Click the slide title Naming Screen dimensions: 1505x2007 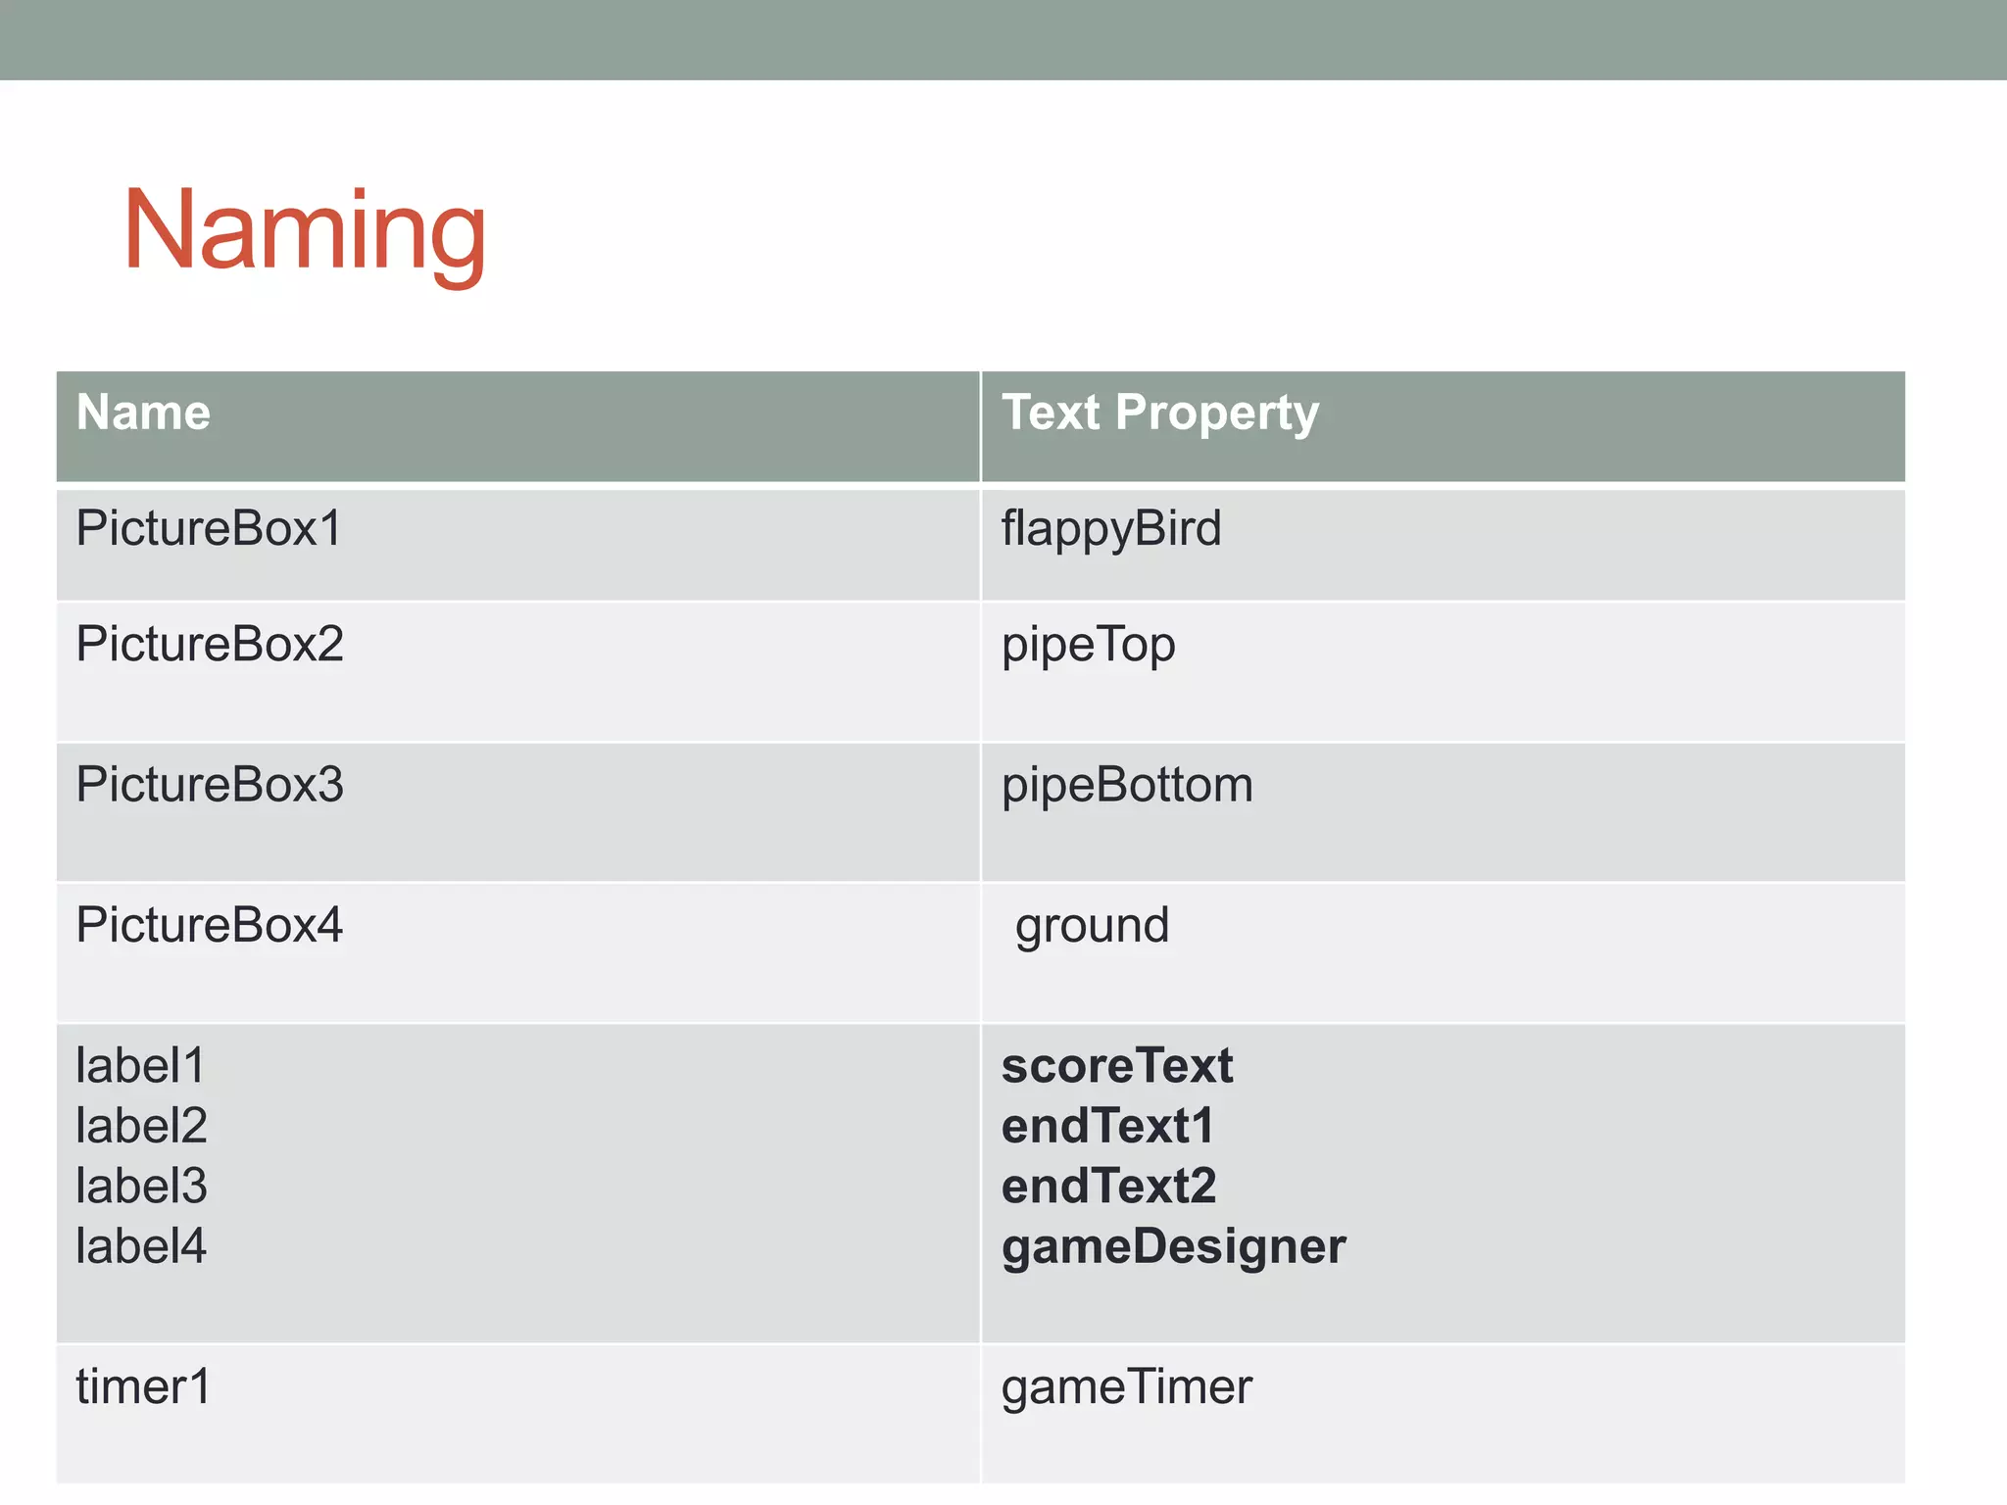click(x=304, y=231)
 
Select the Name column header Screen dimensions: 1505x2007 click(x=143, y=413)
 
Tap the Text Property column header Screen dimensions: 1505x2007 click(x=1159, y=413)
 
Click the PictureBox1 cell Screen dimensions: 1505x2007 click(x=209, y=529)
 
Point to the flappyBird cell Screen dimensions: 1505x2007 click(x=1110, y=530)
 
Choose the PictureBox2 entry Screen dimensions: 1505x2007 click(x=210, y=645)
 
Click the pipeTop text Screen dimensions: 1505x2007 click(x=1088, y=646)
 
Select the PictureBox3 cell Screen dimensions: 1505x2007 click(x=210, y=785)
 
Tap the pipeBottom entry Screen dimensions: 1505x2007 click(x=1127, y=786)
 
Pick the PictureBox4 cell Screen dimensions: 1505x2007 click(x=210, y=925)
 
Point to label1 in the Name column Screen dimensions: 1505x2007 click(x=141, y=1066)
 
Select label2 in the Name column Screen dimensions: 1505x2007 click(x=141, y=1126)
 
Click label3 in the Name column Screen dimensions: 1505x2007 click(x=141, y=1187)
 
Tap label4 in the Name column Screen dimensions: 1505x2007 click(x=141, y=1246)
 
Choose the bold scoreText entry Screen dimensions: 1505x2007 click(x=1116, y=1066)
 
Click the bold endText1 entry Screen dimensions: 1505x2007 click(x=1107, y=1126)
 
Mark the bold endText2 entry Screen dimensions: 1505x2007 click(x=1108, y=1187)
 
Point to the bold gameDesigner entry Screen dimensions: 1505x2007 click(x=1173, y=1247)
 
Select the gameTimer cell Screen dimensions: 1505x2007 click(x=1126, y=1387)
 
